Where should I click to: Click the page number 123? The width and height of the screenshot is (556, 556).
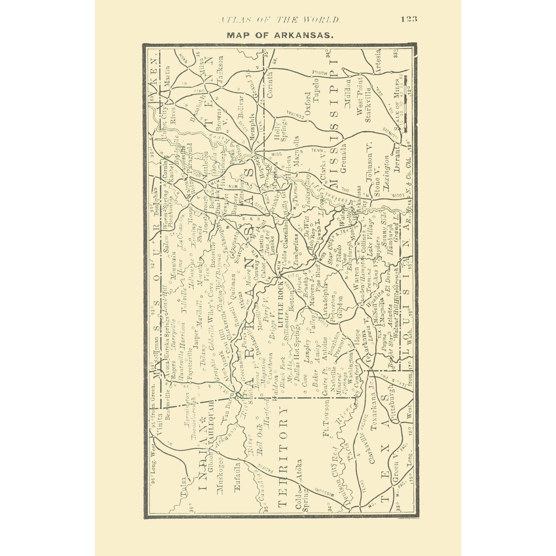(409, 19)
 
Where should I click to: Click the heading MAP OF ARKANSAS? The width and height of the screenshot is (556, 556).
(280, 35)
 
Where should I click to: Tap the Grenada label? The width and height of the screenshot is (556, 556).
(343, 158)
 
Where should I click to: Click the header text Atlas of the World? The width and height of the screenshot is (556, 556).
(279, 19)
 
